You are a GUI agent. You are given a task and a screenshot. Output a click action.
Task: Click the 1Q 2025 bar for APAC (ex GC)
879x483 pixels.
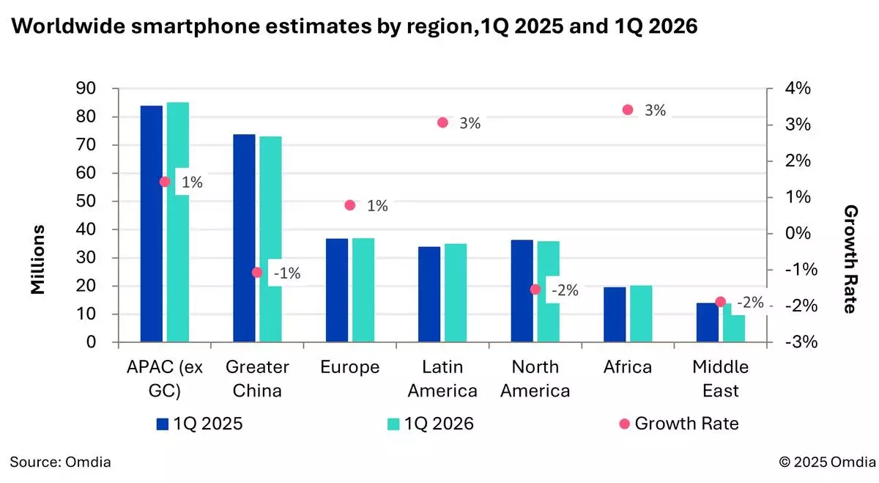[x=152, y=224]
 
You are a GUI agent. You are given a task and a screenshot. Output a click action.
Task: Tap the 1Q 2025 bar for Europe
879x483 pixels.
[x=337, y=290]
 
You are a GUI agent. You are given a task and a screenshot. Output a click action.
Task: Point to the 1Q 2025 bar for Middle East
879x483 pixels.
[x=708, y=322]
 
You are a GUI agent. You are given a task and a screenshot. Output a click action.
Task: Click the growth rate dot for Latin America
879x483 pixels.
[x=442, y=122]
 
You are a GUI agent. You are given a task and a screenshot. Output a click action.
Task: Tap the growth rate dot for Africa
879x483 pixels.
[x=628, y=110]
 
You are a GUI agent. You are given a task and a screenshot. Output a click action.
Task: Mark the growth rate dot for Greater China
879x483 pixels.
[x=257, y=272]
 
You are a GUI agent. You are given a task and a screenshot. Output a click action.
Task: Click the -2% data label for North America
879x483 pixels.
[x=564, y=290]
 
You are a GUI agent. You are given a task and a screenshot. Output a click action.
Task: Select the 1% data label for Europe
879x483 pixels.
[x=377, y=206]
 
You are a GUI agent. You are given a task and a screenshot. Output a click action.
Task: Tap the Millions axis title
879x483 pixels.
[x=38, y=259]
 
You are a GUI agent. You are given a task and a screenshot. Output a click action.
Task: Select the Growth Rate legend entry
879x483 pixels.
[x=678, y=424]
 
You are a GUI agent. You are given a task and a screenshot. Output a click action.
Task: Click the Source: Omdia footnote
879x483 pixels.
[x=60, y=462]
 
